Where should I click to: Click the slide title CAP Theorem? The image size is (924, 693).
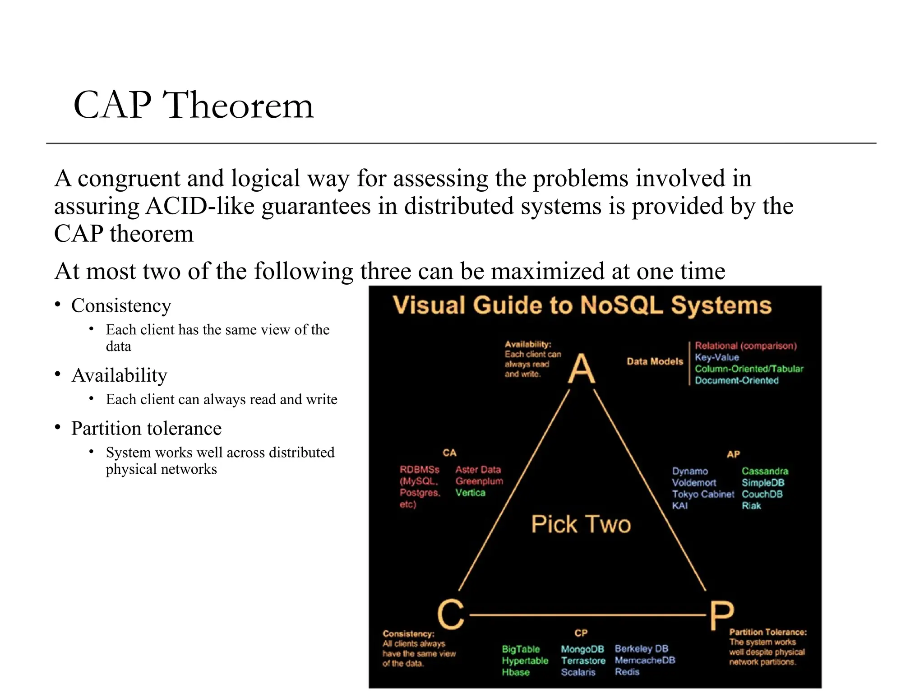[x=193, y=105]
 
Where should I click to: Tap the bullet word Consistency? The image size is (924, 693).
[x=121, y=306]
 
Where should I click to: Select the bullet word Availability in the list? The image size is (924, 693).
[x=119, y=375]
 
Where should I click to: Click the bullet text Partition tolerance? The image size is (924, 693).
[x=146, y=429]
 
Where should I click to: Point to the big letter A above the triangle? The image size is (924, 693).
[x=581, y=369]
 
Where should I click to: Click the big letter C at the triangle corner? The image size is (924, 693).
[x=450, y=614]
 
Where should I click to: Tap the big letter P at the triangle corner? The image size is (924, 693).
[x=721, y=615]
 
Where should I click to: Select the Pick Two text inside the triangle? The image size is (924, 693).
[x=581, y=524]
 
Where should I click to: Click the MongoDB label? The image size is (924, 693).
[x=582, y=649]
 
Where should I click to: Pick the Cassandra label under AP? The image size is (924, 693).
[x=765, y=471]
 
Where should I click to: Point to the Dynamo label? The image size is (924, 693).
[x=689, y=471]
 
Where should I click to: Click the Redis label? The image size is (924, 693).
[x=627, y=672]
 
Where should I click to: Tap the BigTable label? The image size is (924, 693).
[x=521, y=649]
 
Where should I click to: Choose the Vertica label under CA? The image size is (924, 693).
[x=470, y=493]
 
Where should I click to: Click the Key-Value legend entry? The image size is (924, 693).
[x=716, y=357]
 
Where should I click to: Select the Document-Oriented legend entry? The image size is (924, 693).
[x=736, y=380]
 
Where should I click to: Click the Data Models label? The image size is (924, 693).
[x=655, y=361]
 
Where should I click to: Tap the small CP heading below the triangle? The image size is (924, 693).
[x=581, y=633]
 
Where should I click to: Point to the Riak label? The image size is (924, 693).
[x=751, y=506]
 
